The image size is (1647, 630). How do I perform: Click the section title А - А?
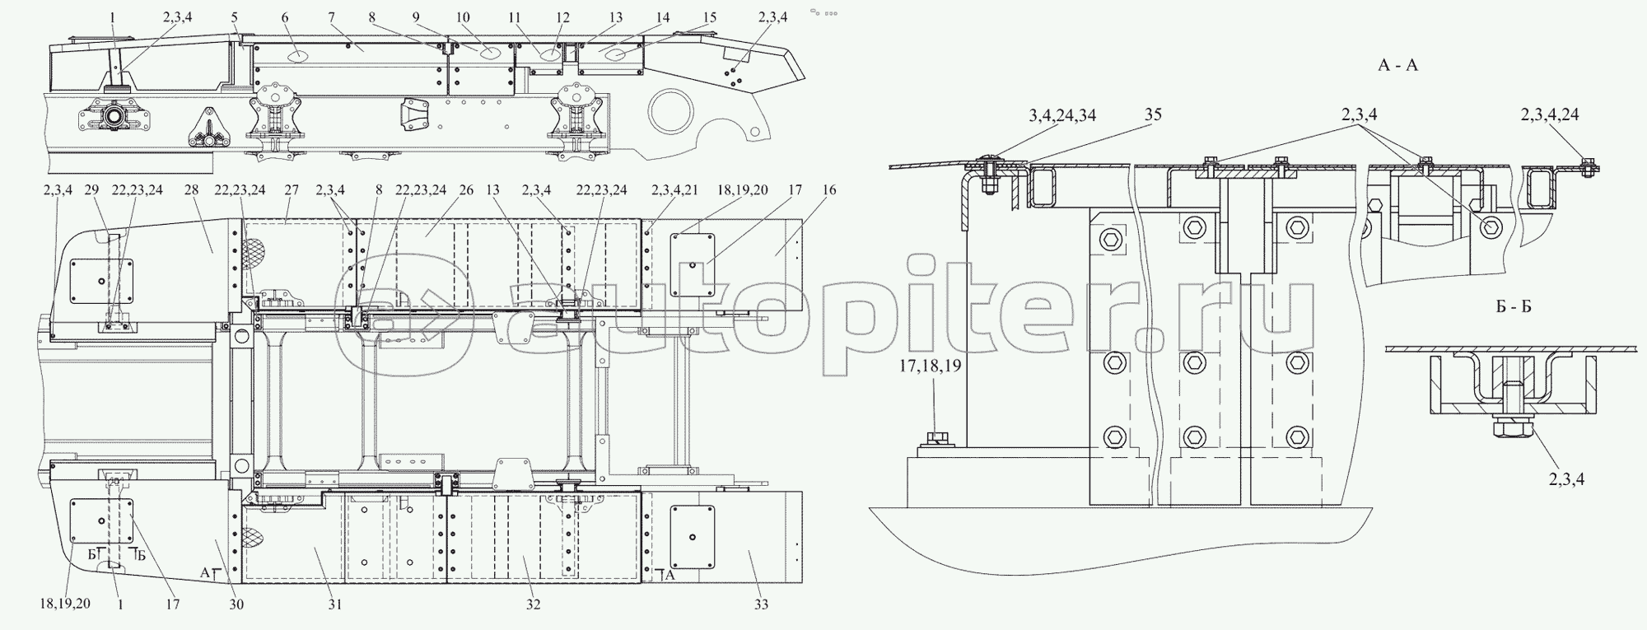[1397, 65]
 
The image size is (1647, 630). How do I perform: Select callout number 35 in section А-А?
[1153, 114]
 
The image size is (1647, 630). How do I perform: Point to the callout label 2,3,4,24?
[1549, 114]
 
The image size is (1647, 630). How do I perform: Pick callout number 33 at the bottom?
[760, 604]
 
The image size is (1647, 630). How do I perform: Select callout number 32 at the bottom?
[534, 604]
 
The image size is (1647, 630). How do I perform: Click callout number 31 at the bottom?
[334, 604]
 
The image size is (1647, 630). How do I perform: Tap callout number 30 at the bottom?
[237, 604]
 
